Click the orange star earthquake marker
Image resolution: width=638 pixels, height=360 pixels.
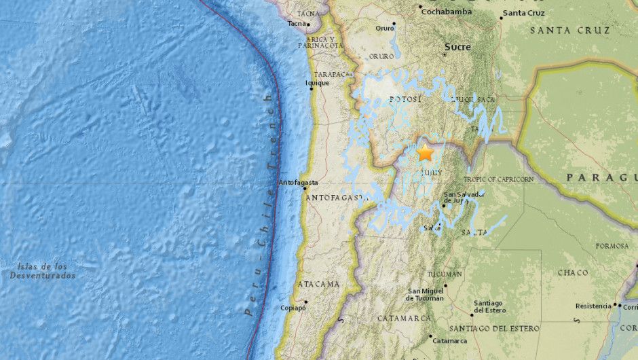click(x=426, y=153)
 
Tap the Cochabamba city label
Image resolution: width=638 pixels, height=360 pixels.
click(x=445, y=11)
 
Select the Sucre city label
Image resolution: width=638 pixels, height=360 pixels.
click(x=457, y=46)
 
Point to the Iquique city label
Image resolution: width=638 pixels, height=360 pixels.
click(x=318, y=83)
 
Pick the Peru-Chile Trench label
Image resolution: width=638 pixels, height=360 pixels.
click(x=260, y=204)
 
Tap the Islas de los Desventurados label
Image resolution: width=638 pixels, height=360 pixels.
click(x=42, y=271)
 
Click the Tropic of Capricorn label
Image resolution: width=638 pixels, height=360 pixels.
click(x=499, y=179)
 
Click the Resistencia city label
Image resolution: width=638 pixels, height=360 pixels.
click(x=593, y=306)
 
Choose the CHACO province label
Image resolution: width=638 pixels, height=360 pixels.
click(x=573, y=272)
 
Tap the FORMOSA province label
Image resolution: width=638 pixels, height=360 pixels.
click(x=612, y=246)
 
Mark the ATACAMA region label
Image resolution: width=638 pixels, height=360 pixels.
click(x=318, y=284)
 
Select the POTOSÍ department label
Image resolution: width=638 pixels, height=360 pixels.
click(x=406, y=99)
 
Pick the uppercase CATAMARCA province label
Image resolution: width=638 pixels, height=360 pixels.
click(x=405, y=318)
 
